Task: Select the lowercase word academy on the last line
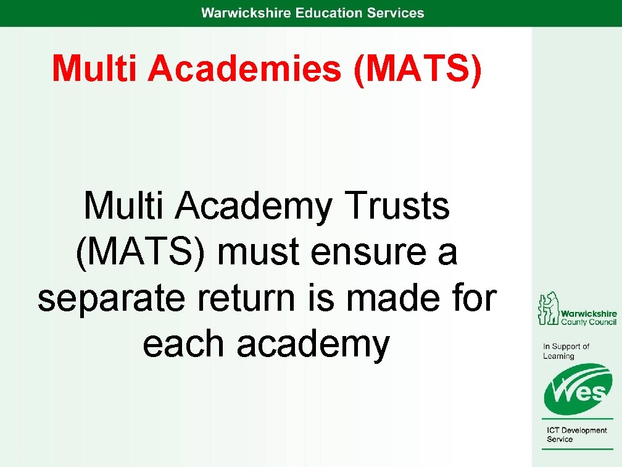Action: (x=313, y=345)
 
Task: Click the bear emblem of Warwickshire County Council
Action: (x=547, y=308)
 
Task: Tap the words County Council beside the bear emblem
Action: (x=588, y=322)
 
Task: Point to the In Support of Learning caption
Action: (x=566, y=351)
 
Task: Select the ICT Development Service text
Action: (x=576, y=435)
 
